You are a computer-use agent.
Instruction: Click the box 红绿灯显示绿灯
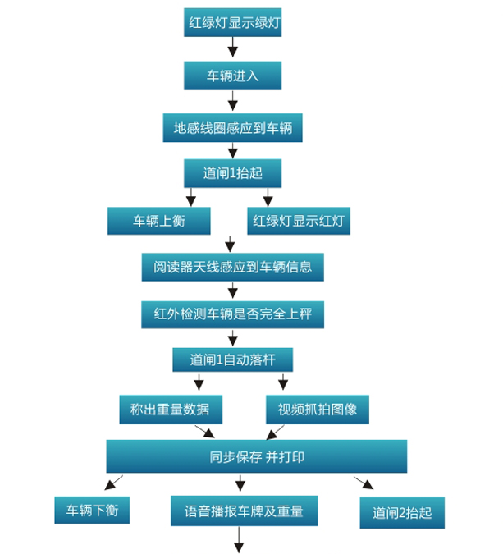pos(232,22)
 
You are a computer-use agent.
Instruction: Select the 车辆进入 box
pos(232,76)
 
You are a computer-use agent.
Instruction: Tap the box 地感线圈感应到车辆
pos(232,128)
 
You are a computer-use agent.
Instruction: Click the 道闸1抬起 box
pos(232,173)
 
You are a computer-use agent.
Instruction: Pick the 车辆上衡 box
pos(159,221)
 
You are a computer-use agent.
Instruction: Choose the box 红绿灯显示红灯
pos(299,221)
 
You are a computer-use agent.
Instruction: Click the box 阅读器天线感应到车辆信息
pos(232,267)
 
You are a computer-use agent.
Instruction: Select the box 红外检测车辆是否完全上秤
pos(232,314)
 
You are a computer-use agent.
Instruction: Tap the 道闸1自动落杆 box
pos(232,359)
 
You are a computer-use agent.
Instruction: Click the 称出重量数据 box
pos(171,410)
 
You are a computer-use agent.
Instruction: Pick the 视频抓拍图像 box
pos(318,410)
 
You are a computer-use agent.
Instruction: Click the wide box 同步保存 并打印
pos(257,456)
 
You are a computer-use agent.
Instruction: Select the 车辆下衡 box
pos(92,511)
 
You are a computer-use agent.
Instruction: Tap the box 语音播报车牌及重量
pos(244,511)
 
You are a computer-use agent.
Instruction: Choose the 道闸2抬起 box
pos(402,513)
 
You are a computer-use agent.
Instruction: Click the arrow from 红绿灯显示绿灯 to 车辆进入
pos(232,47)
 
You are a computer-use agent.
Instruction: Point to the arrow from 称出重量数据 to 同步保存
pos(205,432)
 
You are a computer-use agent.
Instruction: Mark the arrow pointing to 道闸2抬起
pos(364,483)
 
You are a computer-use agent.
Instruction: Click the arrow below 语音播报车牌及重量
pos(239,539)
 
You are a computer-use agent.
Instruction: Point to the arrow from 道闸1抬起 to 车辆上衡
pos(190,197)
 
